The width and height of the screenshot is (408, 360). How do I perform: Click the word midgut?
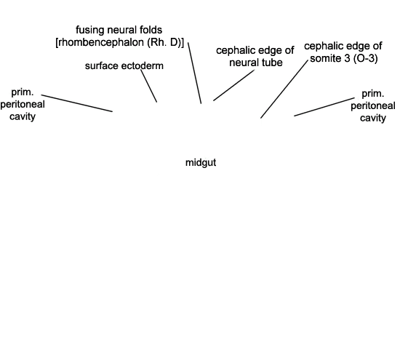pos(201,163)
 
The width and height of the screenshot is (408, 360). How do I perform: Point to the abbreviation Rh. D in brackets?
pos(164,42)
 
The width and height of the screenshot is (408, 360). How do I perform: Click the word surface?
pos(100,65)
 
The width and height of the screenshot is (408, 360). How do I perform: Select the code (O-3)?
pos(366,58)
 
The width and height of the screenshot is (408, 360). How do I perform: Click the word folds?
pos(151,30)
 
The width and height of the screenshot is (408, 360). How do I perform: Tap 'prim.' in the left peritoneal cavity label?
pos(23,92)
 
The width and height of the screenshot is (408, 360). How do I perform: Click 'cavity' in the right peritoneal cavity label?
pos(373,118)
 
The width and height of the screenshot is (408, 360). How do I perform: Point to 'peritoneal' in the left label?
pos(23,104)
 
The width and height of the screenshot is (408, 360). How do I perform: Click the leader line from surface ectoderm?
pos(149,86)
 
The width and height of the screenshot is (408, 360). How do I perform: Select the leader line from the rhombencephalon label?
pos(194,73)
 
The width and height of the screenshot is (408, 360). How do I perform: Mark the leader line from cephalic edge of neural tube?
pos(234,85)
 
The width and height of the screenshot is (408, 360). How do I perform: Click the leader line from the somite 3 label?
pos(284,89)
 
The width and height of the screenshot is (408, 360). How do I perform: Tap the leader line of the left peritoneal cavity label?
pos(77,103)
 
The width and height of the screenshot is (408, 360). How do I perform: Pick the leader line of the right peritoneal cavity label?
pos(324,107)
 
